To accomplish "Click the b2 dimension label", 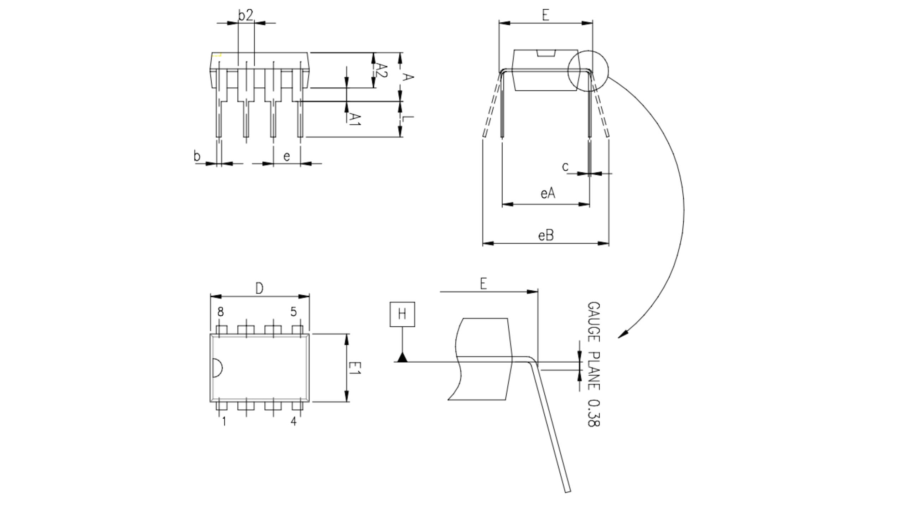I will (x=245, y=16).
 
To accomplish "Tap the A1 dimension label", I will (x=355, y=119).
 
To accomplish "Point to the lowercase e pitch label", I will (x=286, y=156).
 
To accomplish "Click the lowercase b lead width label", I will (x=197, y=156).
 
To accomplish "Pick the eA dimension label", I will (x=548, y=193).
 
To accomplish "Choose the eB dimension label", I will (x=546, y=235).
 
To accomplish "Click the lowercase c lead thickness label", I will (x=565, y=166).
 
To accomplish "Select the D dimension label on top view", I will (x=259, y=288).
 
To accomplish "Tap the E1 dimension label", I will (x=355, y=368).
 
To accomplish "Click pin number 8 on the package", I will (x=221, y=312).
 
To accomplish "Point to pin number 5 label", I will (x=293, y=312).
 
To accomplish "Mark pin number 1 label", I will (x=224, y=421).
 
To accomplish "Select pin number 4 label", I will (x=293, y=421).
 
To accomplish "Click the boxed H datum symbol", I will (x=402, y=314).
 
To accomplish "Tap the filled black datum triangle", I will (x=402, y=357).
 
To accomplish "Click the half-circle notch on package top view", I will (x=217, y=368).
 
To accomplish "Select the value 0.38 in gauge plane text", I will (x=594, y=413).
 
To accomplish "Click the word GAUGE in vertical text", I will (x=594, y=322).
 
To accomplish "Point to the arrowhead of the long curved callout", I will (x=621, y=335).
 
